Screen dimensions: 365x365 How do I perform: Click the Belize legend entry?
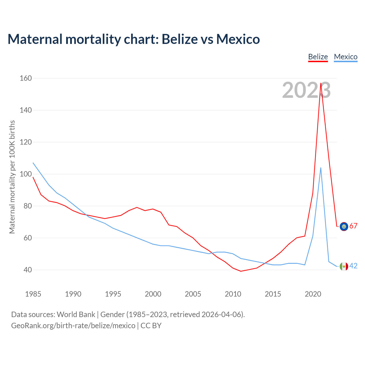318,57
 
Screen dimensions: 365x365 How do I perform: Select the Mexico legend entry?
346,57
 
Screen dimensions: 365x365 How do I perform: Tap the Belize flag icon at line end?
344,226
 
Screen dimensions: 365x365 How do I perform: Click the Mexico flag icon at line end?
344,266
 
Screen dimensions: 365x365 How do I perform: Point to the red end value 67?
353,226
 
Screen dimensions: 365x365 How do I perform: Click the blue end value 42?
353,266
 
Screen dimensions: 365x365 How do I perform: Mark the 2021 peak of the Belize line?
321,83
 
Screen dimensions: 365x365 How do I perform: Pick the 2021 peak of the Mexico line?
321,168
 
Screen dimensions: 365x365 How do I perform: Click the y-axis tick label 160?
26,78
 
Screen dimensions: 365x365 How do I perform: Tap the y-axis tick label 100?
26,174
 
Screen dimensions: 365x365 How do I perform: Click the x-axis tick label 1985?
33,294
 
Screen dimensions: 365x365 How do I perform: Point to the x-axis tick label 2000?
153,294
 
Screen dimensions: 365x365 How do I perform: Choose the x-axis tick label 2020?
313,294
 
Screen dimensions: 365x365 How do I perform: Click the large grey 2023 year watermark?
306,90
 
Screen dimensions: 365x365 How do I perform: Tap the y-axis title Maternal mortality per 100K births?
12,177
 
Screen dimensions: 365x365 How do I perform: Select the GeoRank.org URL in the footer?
73,326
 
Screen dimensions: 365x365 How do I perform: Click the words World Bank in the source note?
76,315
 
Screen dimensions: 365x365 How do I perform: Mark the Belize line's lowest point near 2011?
241,271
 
